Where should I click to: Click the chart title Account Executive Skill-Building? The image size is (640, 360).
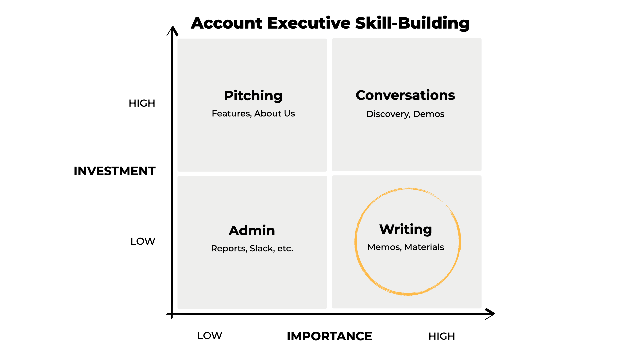point(330,23)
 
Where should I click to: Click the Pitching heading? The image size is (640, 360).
point(253,96)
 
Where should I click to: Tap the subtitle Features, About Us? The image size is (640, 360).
point(253,114)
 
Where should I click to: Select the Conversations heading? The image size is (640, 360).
point(405,95)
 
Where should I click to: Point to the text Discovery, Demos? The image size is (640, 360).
point(405,114)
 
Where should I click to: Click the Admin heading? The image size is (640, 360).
point(252,230)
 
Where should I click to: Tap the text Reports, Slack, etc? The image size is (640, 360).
point(252,248)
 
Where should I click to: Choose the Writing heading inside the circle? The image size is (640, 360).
point(405,229)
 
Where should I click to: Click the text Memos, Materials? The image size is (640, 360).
point(405,247)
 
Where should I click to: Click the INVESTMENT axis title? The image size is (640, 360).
point(114,171)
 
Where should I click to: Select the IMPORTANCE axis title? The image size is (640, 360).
point(329,336)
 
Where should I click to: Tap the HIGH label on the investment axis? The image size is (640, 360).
point(142,103)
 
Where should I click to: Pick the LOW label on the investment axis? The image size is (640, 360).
point(143,241)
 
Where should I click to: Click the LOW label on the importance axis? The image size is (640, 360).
point(209,336)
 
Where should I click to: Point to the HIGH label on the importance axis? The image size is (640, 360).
point(442,336)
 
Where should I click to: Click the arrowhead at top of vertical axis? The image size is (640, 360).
point(172,31)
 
